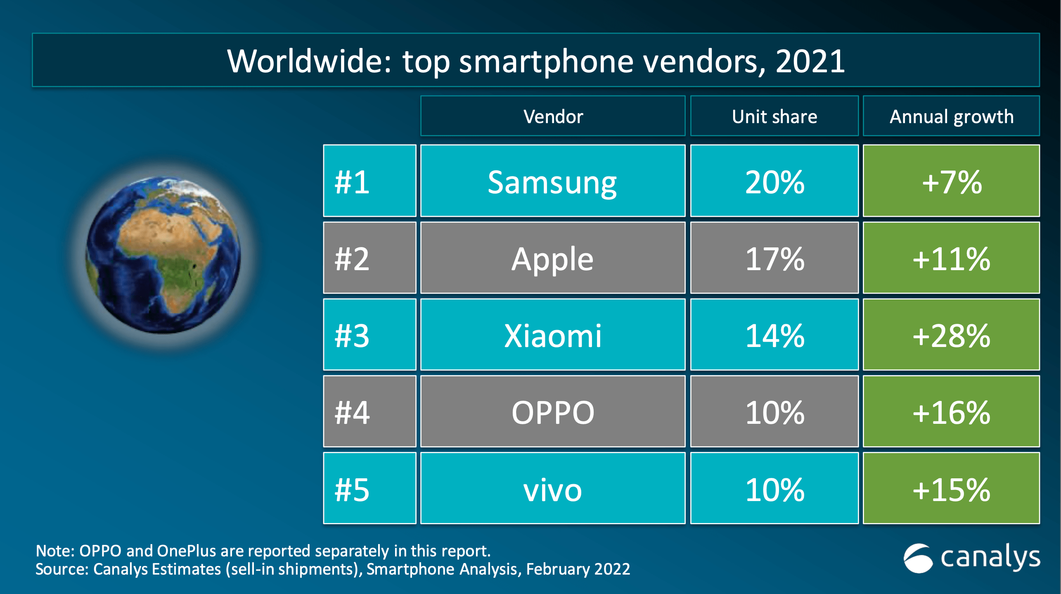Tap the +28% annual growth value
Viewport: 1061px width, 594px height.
[x=951, y=335]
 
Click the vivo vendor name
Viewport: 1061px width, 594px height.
[x=552, y=490]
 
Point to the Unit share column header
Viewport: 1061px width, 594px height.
[x=774, y=116]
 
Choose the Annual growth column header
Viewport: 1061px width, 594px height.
[x=951, y=116]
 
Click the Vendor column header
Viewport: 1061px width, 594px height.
[x=553, y=116]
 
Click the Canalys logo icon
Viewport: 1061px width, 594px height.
[x=918, y=558]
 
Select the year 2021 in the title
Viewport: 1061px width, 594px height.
[x=810, y=61]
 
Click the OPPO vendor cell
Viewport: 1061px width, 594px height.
[x=552, y=412]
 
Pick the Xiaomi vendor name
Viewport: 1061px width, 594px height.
[x=552, y=335]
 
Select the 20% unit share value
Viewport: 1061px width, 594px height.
[x=774, y=182]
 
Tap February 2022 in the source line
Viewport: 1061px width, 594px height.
[x=578, y=569]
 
